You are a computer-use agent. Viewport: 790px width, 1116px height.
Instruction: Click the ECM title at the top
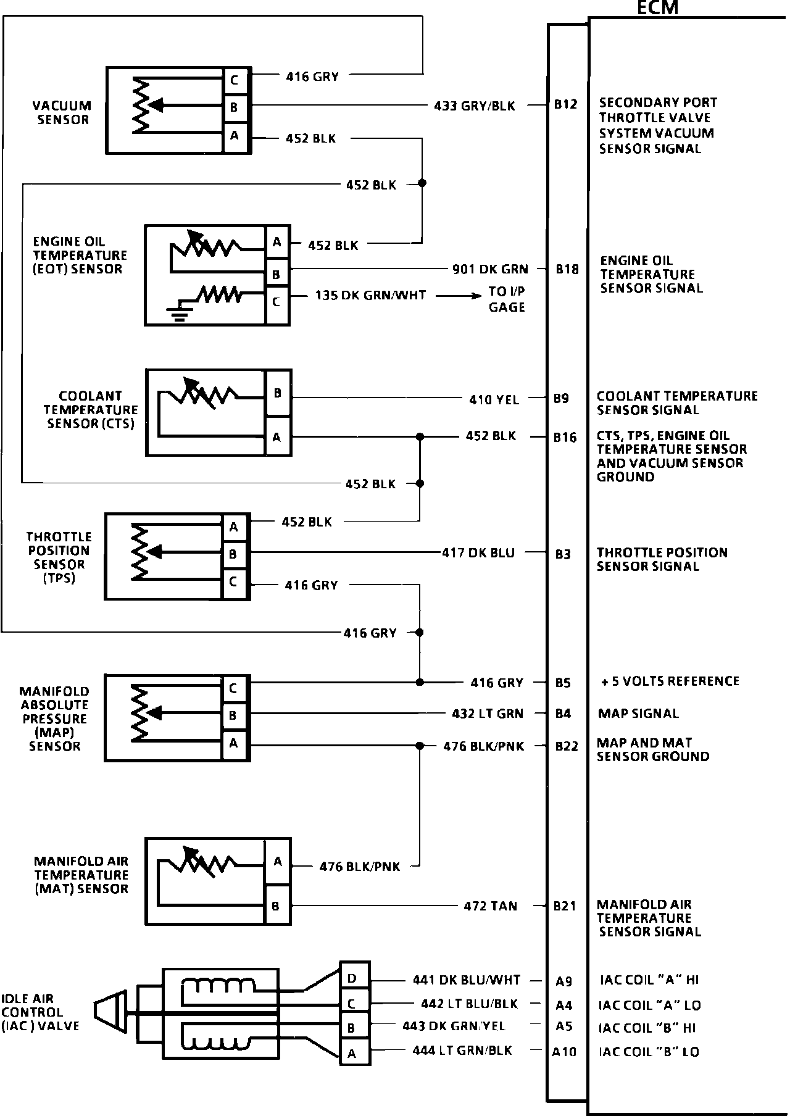[x=657, y=7]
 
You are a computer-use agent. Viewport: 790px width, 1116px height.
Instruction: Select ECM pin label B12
[x=565, y=104]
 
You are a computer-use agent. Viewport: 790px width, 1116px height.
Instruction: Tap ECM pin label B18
[x=567, y=269]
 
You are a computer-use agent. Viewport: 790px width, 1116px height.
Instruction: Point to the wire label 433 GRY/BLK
[x=474, y=106]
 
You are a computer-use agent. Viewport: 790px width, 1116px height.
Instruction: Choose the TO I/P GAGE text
[x=507, y=299]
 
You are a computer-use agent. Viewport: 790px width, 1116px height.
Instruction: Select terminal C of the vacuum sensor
[x=235, y=80]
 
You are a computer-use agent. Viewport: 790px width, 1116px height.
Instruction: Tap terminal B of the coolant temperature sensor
[x=277, y=393]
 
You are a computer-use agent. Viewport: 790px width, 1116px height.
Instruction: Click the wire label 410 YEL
[x=494, y=399]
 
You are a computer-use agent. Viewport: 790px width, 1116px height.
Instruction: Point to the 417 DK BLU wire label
[x=478, y=552]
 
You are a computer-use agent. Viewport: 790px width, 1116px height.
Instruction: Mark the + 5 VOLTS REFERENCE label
[x=670, y=681]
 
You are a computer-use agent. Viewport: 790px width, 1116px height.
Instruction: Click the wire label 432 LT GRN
[x=487, y=714]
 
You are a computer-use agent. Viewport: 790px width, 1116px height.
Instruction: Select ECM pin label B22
[x=567, y=746]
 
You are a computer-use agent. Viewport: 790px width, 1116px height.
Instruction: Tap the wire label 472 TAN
[x=490, y=906]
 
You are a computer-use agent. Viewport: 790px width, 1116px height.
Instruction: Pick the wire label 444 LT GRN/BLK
[x=462, y=1050]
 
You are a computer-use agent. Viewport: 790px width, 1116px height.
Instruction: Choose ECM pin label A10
[x=564, y=1052]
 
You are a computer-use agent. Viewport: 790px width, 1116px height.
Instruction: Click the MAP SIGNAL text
[x=638, y=714]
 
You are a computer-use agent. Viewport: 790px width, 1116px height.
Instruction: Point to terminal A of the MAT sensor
[x=278, y=862]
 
